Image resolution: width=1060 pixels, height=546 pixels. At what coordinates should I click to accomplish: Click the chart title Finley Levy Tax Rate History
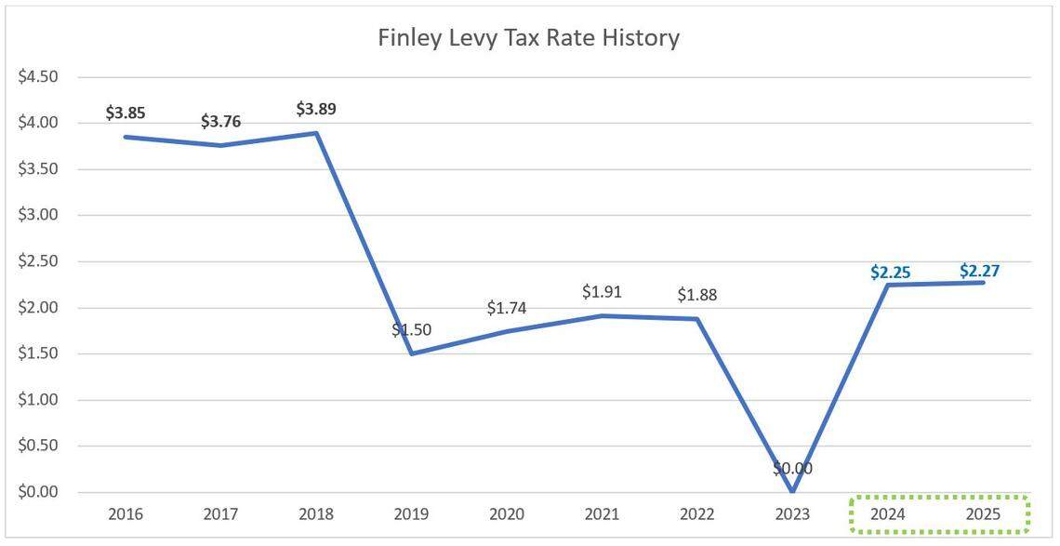tap(528, 38)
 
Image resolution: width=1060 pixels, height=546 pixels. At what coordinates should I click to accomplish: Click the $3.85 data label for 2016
tap(126, 113)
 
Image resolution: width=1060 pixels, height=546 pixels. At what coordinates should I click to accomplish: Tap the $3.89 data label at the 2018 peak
tap(316, 109)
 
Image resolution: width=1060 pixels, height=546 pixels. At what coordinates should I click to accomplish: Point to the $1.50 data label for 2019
tap(411, 330)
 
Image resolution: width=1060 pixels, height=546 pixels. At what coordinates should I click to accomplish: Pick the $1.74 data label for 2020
tap(507, 308)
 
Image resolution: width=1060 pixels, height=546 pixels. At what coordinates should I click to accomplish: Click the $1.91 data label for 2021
tap(602, 292)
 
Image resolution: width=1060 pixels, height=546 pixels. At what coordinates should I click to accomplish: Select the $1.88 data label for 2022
tap(697, 295)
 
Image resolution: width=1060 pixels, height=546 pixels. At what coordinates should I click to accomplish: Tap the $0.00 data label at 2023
tap(792, 469)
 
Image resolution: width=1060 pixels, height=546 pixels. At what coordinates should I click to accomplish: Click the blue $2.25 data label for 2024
tap(890, 273)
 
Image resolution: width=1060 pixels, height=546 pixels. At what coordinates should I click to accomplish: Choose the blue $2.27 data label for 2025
tap(980, 271)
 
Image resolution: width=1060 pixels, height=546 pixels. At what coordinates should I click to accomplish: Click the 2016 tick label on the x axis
tap(126, 514)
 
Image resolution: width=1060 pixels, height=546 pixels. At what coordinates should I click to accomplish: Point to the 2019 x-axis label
tap(411, 514)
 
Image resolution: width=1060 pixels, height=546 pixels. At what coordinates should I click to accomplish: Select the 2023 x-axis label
tap(792, 514)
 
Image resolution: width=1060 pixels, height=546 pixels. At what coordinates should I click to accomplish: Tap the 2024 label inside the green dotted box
tap(888, 514)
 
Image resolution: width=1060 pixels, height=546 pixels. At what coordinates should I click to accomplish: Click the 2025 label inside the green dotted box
tap(983, 514)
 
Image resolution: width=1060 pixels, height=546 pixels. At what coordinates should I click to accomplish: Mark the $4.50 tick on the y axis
tap(38, 77)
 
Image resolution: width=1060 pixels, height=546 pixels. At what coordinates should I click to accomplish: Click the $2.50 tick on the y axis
tap(38, 261)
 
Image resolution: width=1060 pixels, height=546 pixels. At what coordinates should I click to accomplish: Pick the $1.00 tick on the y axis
tap(38, 400)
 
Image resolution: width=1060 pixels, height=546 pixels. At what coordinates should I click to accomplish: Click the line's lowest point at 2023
tap(792, 491)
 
